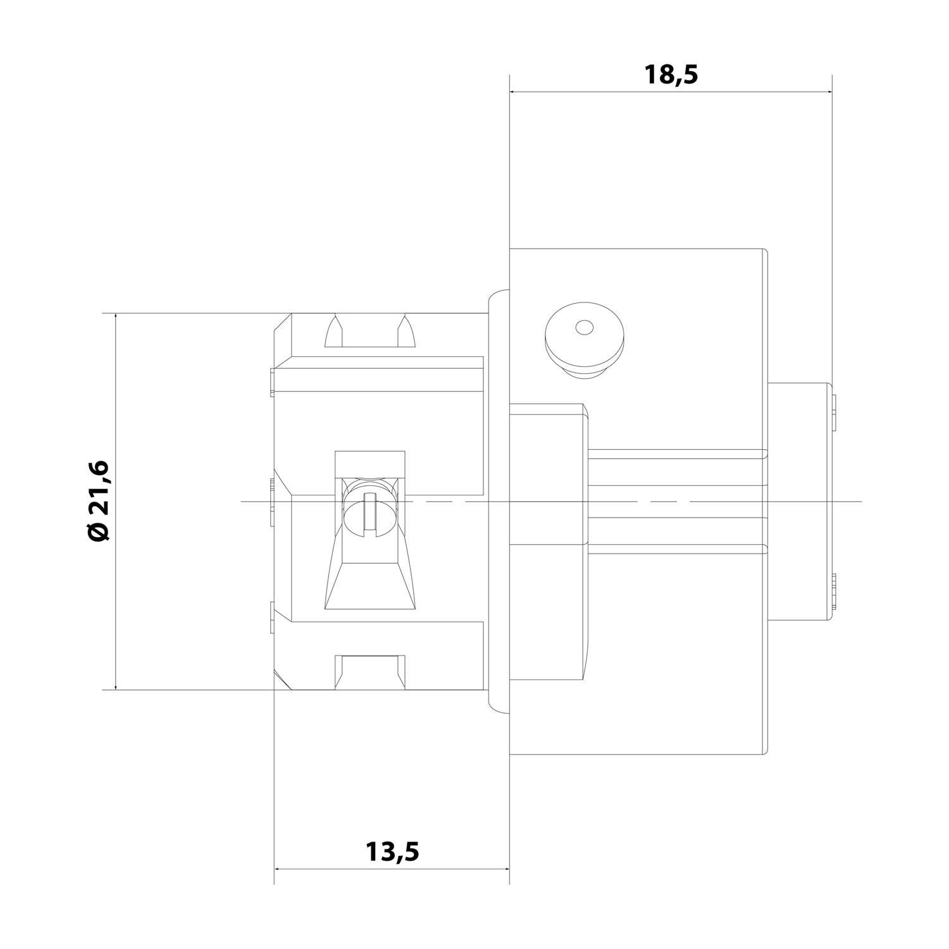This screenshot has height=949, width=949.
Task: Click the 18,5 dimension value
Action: [x=671, y=75]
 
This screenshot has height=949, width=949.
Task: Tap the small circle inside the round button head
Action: [x=584, y=328]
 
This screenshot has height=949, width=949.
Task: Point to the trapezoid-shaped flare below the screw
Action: [x=369, y=582]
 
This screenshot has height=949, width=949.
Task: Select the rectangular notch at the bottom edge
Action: [x=370, y=672]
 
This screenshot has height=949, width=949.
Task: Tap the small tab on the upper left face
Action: [x=271, y=382]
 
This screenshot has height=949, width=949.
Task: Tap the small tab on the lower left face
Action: [x=271, y=617]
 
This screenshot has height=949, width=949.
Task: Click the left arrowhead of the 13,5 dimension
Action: [x=279, y=868]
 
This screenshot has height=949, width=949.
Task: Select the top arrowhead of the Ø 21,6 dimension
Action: [x=116, y=318]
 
